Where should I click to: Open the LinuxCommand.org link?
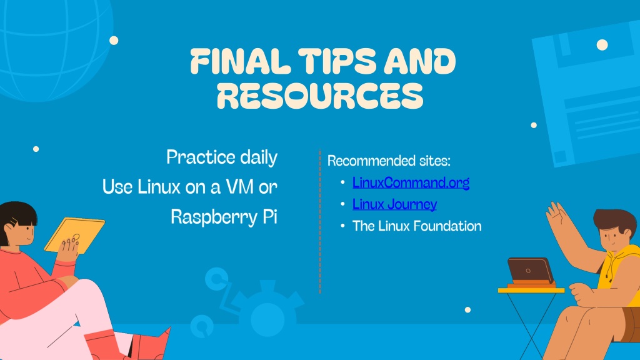click(x=411, y=182)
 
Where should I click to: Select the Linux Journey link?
click(x=394, y=204)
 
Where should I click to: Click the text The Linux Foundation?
click(x=417, y=226)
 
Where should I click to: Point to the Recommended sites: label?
click(x=389, y=161)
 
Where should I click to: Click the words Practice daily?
click(x=222, y=157)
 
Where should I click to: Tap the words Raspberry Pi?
click(x=224, y=217)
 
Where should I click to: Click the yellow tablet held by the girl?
click(x=74, y=235)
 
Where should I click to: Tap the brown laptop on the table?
click(x=530, y=270)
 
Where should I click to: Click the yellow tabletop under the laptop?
click(x=531, y=290)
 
